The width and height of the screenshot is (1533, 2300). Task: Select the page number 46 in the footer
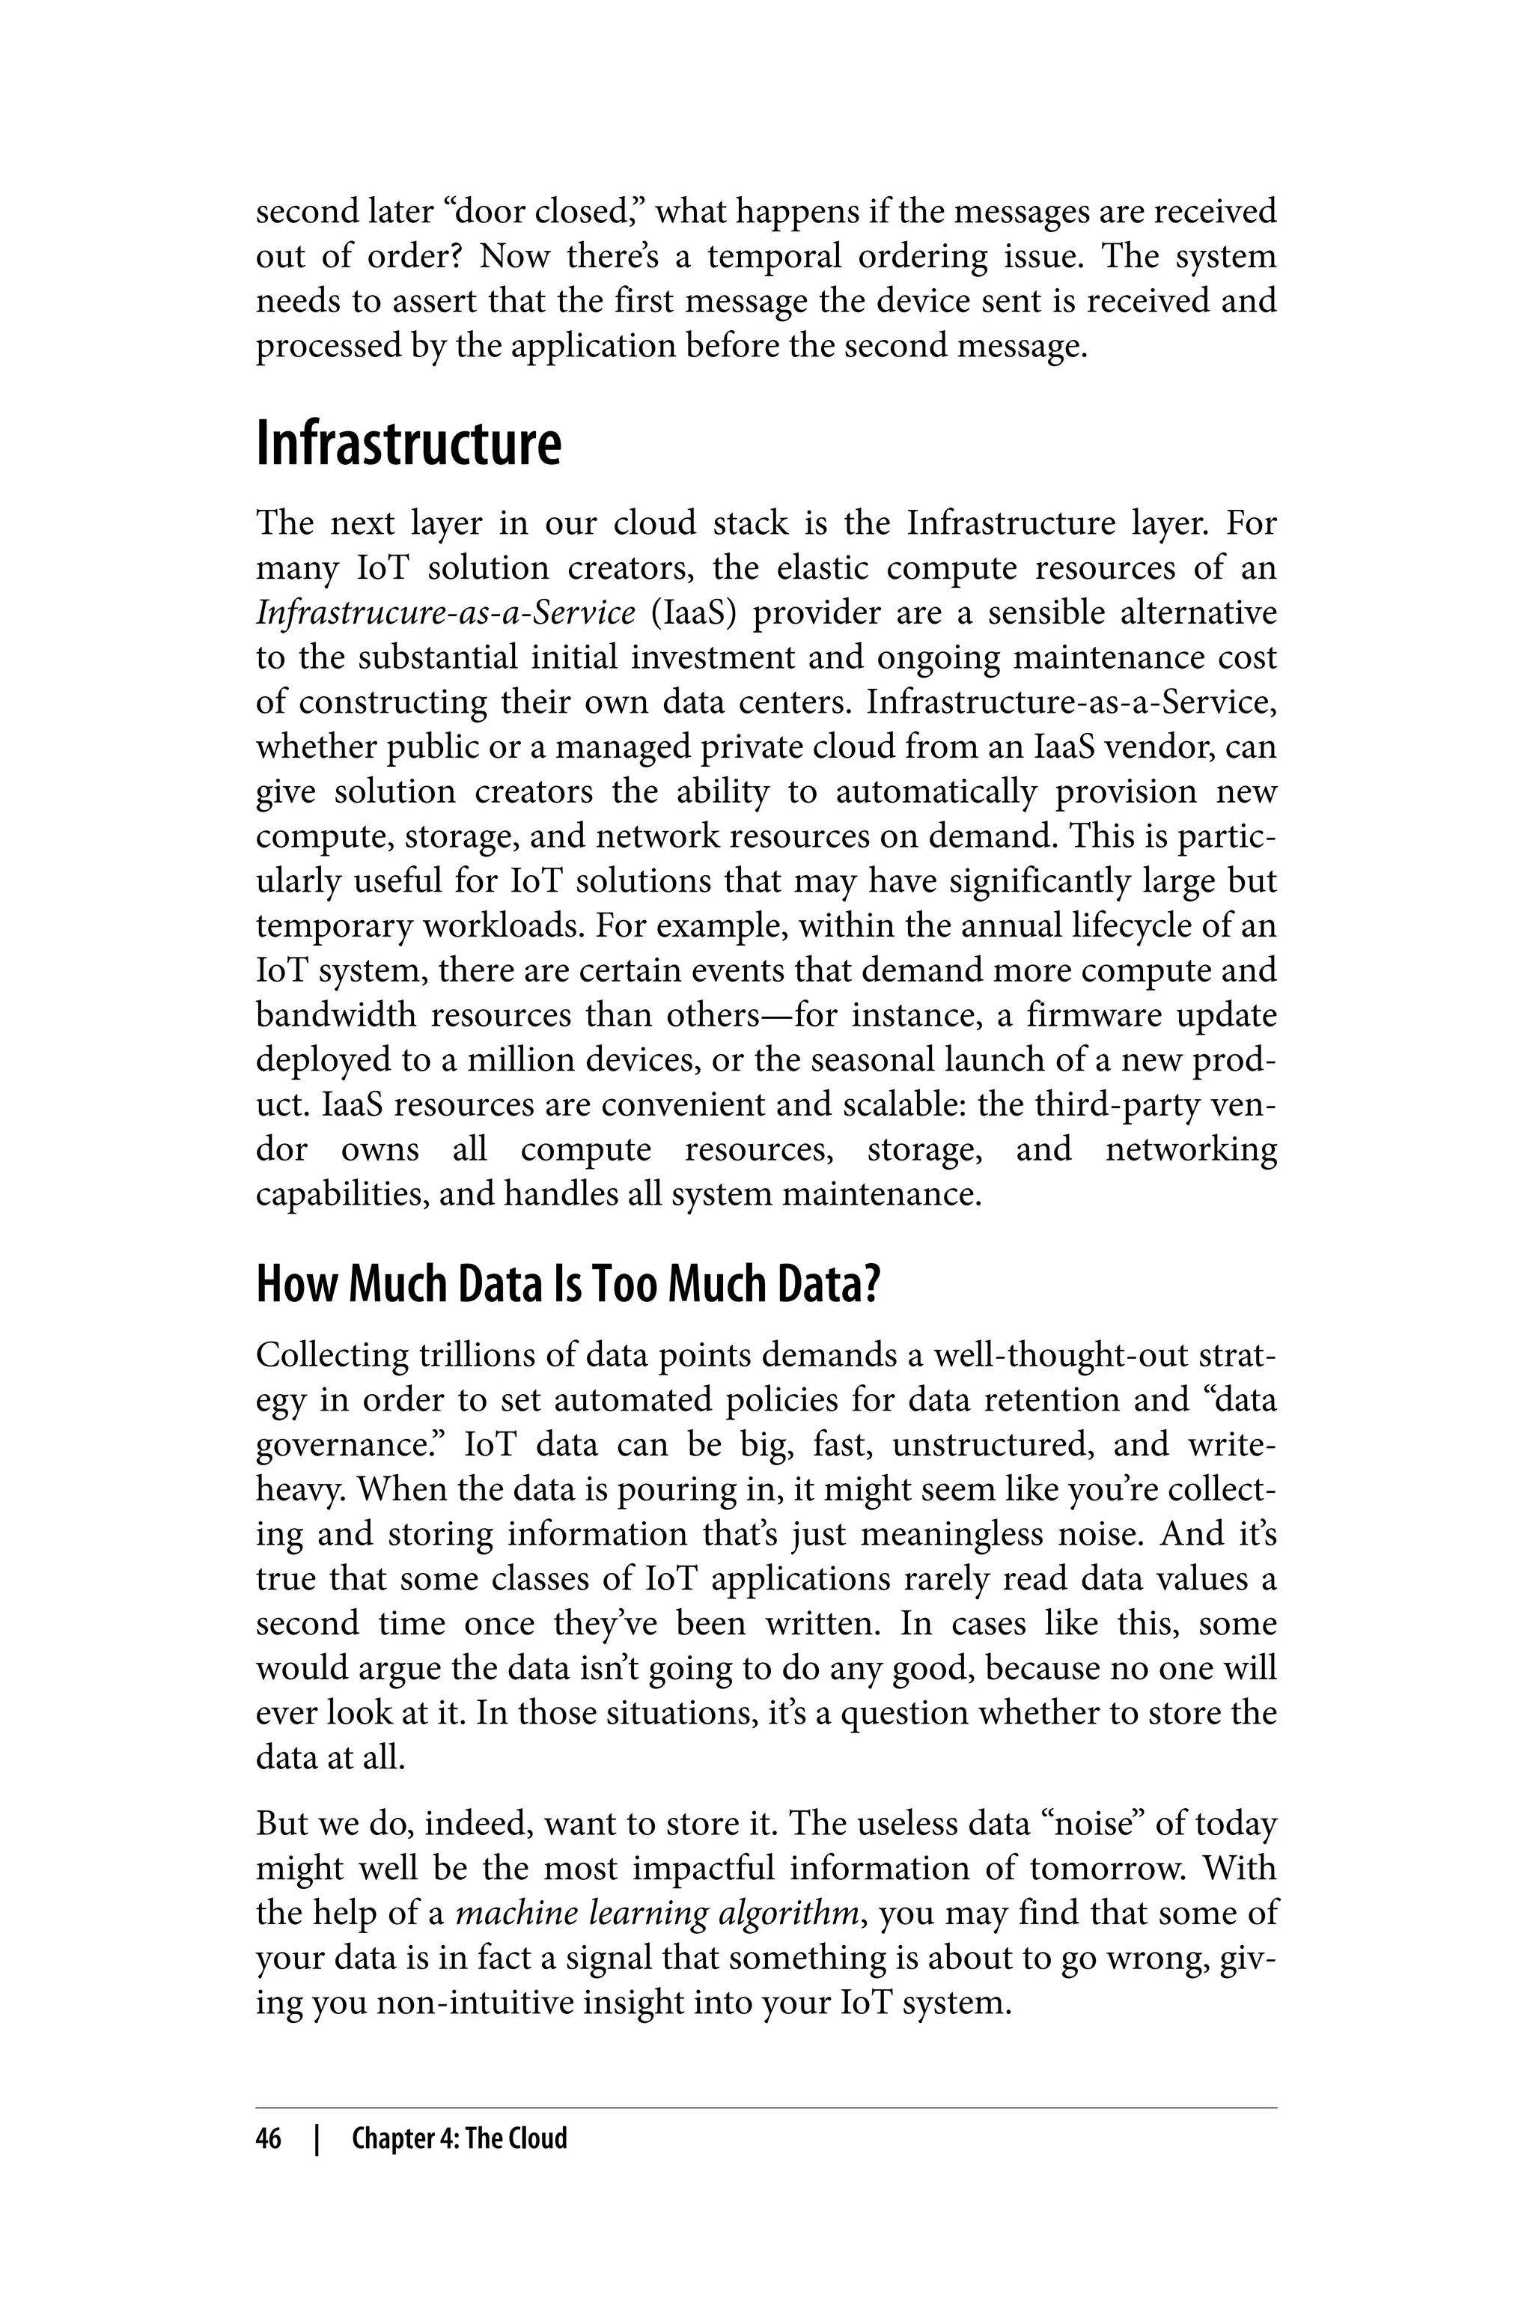pos(268,2138)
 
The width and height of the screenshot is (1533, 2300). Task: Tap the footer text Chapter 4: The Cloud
pos(460,2138)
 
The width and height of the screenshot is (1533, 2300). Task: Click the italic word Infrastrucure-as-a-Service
pos(446,613)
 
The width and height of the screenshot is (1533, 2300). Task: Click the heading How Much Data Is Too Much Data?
pos(568,1285)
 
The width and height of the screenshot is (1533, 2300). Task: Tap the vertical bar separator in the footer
pos(316,2138)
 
